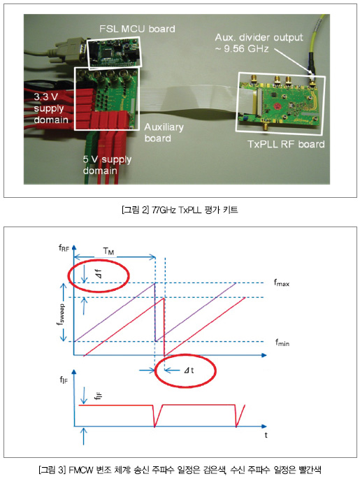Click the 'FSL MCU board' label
tap(137, 29)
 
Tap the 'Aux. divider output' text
tap(259, 38)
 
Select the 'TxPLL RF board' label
tap(286, 144)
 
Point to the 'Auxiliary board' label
tap(164, 133)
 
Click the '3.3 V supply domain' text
tap(51, 108)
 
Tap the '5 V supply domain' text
tap(107, 165)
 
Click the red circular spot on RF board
tap(278, 106)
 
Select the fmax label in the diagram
tap(282, 282)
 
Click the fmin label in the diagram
tap(282, 342)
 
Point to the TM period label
tap(108, 251)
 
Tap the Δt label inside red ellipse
tap(189, 371)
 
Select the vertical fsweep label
tap(62, 314)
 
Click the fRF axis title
tap(64, 248)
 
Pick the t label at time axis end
tap(266, 435)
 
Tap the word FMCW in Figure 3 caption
tap(80, 470)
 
